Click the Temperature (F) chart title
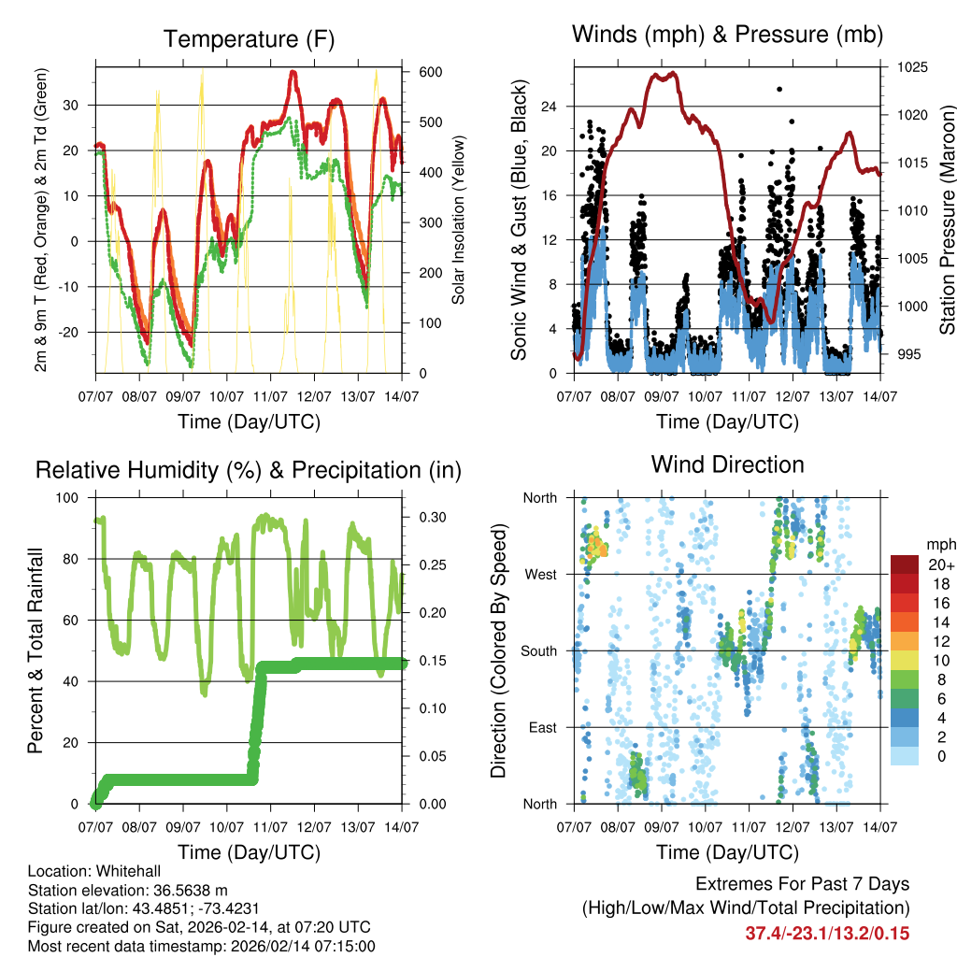click(249, 39)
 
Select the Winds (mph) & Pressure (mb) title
click(728, 36)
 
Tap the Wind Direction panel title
click(728, 464)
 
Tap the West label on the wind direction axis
click(540, 574)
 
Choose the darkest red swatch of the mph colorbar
click(904, 564)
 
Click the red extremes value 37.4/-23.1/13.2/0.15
click(827, 934)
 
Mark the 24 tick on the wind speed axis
click(550, 106)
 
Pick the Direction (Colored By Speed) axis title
click(499, 650)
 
